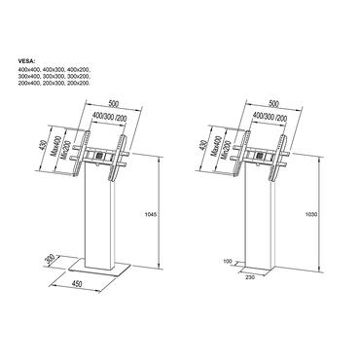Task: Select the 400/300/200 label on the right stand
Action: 270,116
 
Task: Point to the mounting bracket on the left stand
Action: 100,156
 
